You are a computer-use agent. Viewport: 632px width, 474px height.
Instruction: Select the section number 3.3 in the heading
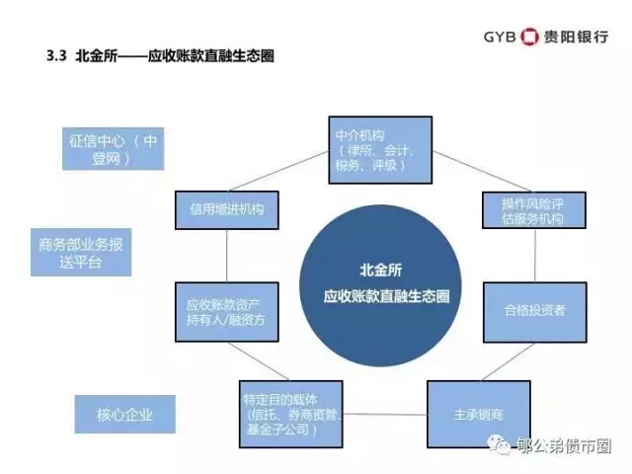tap(55, 57)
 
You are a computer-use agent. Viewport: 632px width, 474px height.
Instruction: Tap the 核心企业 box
tap(125, 414)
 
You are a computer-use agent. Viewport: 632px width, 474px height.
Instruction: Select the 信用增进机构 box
tap(226, 210)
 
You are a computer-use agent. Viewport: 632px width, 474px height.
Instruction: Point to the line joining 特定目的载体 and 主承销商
tap(385, 414)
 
